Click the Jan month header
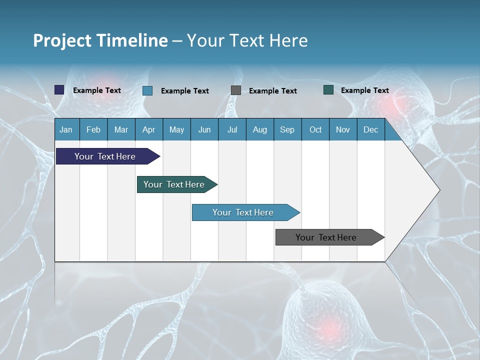(x=66, y=129)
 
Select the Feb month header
(x=93, y=129)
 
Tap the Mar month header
(x=121, y=129)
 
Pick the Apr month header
(x=148, y=129)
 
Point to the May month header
(x=176, y=129)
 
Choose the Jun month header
(x=204, y=129)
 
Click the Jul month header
(x=232, y=129)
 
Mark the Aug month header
(x=259, y=129)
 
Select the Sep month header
(x=287, y=129)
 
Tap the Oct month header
(x=315, y=129)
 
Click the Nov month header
(x=343, y=129)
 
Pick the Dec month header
(x=370, y=129)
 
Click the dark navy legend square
(x=59, y=90)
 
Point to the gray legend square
(x=236, y=90)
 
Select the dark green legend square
(x=328, y=90)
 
